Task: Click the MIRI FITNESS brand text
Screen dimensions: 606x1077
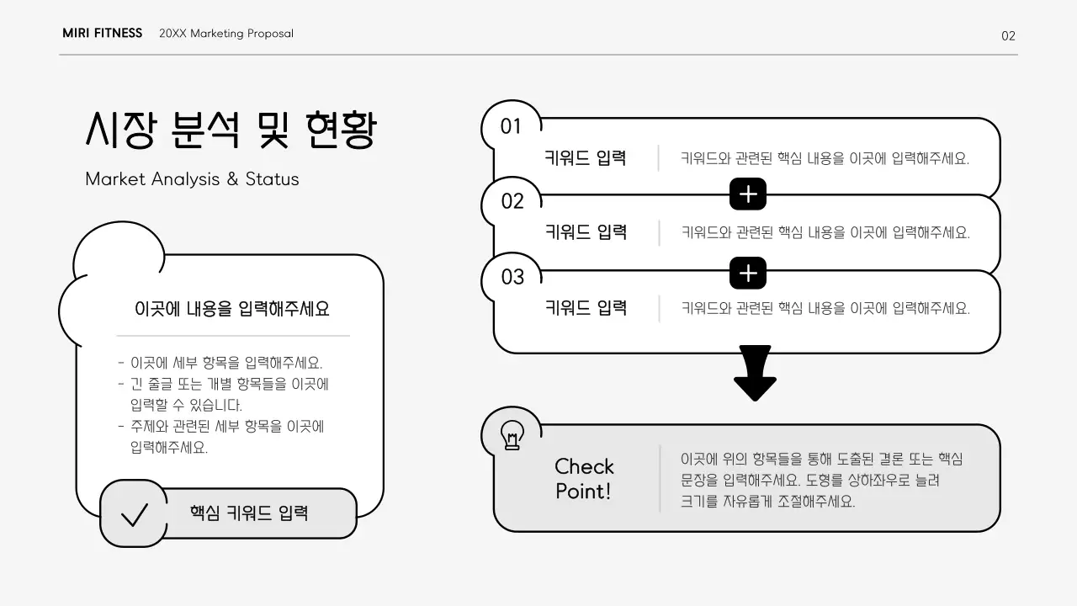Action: [102, 34]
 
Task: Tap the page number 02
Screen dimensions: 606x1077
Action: [1008, 35]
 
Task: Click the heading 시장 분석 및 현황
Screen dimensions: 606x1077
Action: [231, 130]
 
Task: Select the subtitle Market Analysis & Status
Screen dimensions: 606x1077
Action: [192, 179]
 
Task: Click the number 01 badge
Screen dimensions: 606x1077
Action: [511, 127]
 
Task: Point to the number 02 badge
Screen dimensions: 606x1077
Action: [512, 202]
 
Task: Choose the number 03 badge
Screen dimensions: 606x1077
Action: [512, 277]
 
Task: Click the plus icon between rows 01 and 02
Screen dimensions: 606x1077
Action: [748, 195]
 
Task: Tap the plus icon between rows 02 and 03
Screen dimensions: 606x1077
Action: [748, 273]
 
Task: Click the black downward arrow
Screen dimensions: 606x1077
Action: [754, 373]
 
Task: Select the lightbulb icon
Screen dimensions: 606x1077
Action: [512, 435]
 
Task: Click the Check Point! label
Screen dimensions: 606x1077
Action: [584, 479]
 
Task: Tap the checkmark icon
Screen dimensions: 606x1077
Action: [134, 513]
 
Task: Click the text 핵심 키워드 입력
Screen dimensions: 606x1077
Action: [249, 513]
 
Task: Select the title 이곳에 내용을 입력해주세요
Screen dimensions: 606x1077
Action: [232, 309]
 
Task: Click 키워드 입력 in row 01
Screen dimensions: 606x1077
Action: [586, 157]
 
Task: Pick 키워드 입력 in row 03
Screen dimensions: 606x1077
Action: [586, 307]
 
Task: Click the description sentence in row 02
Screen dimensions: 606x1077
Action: [825, 232]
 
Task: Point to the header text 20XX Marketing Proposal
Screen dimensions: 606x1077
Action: [226, 34]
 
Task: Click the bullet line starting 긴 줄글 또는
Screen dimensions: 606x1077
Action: [229, 385]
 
